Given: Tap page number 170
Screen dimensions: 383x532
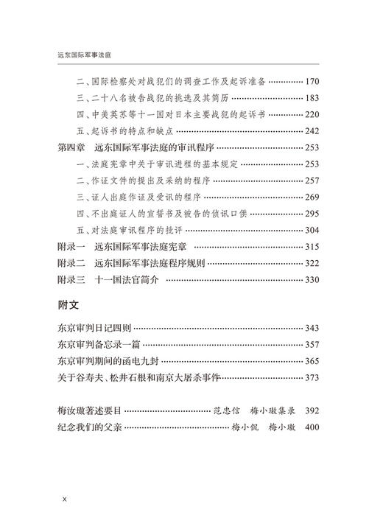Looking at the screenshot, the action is (x=312, y=80).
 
